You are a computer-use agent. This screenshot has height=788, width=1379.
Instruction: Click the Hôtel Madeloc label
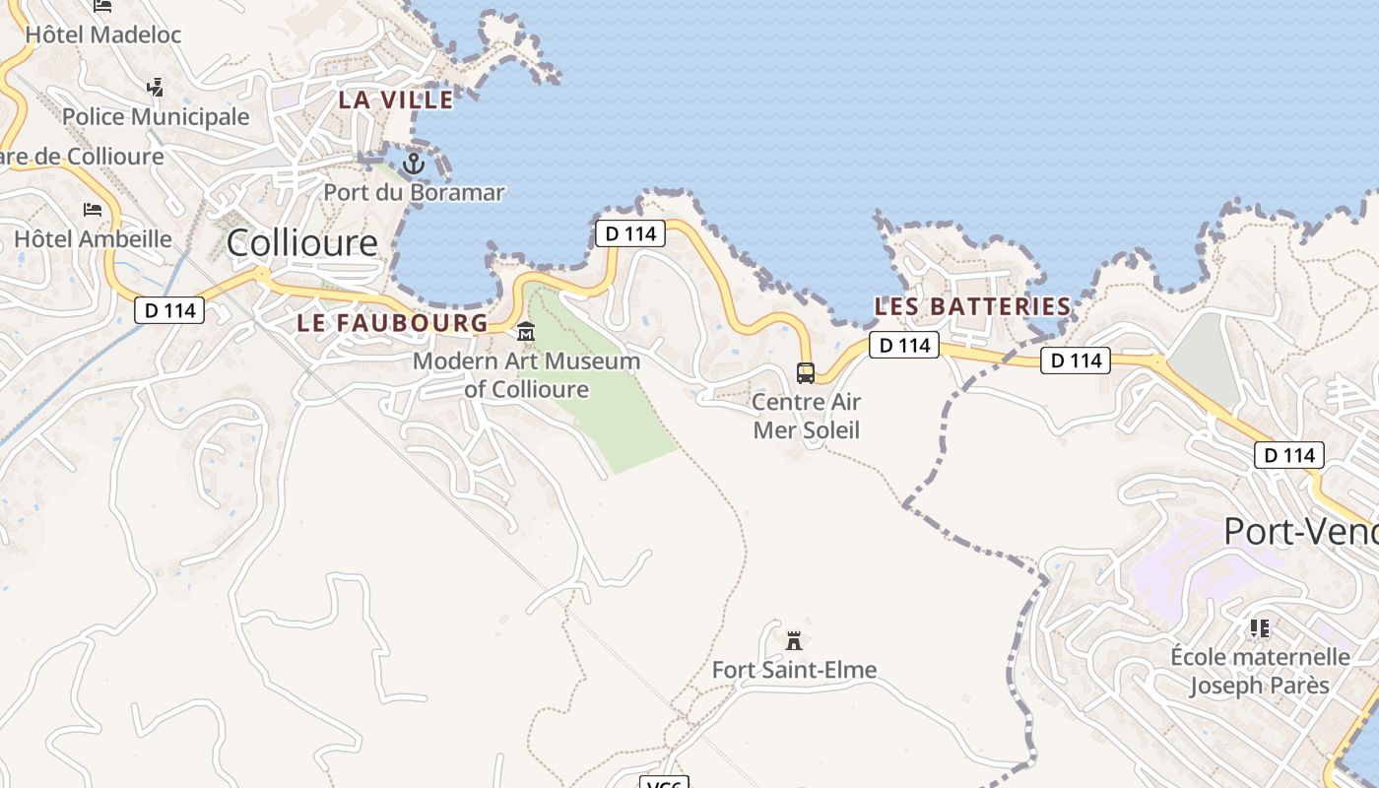[103, 34]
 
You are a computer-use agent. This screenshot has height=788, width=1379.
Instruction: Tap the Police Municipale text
[156, 116]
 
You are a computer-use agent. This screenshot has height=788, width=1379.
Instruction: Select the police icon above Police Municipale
[155, 88]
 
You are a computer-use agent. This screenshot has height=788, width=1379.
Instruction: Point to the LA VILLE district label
[396, 99]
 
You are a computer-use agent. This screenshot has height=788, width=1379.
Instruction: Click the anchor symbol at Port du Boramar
[414, 164]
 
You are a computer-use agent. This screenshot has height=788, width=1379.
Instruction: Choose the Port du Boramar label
[414, 192]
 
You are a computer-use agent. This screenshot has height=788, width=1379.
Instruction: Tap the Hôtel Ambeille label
[93, 238]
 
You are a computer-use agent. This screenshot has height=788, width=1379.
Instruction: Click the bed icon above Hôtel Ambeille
[93, 210]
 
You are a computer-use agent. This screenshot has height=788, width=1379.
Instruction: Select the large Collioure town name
[302, 242]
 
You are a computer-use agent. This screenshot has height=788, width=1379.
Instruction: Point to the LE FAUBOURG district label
[392, 323]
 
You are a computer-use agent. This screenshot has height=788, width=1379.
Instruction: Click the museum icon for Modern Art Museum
[526, 332]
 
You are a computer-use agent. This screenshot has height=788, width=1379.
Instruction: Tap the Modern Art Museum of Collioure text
[526, 375]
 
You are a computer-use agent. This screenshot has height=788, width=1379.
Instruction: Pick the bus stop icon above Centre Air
[806, 373]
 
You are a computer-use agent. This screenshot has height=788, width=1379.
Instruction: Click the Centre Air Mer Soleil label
[806, 416]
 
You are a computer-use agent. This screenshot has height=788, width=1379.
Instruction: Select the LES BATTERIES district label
[972, 306]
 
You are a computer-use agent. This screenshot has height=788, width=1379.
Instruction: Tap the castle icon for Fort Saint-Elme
[794, 641]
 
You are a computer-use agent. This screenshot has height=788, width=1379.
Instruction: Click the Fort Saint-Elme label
[794, 671]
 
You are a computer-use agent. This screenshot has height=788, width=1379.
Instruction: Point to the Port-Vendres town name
[1300, 532]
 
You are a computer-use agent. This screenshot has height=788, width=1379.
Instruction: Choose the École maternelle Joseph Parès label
[1260, 671]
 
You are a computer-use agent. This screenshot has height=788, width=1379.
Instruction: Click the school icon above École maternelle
[1260, 627]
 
